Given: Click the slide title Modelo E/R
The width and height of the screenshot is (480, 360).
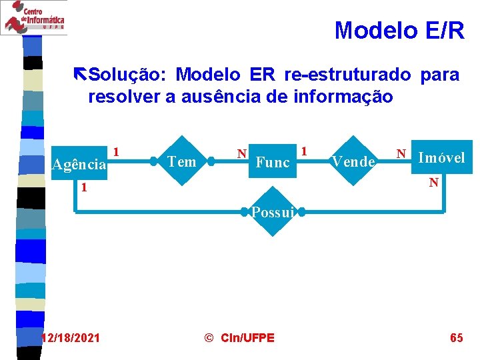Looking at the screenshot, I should [x=399, y=31].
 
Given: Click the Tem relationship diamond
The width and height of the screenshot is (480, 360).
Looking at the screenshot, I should [x=182, y=161].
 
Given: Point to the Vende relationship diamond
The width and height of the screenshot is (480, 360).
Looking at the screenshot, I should [x=353, y=161].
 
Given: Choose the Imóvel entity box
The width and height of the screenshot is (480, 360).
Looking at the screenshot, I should [x=441, y=158].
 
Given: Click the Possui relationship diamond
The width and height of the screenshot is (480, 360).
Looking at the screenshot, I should [x=273, y=213].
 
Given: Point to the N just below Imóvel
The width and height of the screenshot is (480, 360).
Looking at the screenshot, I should [x=433, y=181].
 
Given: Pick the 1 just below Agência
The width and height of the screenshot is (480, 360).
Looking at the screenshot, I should [x=84, y=188].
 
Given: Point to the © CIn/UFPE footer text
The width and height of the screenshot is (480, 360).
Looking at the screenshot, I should [x=239, y=338].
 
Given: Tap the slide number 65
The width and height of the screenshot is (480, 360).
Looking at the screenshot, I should [x=457, y=338].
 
